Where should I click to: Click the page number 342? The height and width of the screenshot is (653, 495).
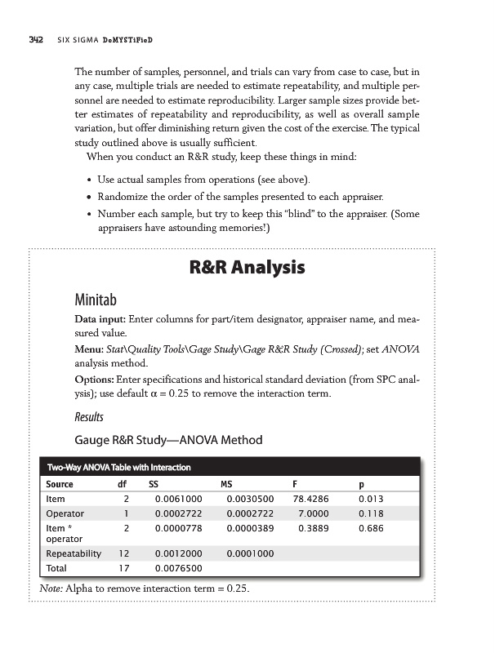click(x=28, y=40)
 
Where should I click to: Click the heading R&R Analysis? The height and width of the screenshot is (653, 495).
click(x=247, y=267)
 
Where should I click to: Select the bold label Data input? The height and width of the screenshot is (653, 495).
click(x=101, y=323)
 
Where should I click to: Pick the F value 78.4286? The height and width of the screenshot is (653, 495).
click(x=310, y=499)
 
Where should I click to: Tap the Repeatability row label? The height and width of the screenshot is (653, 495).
click(x=74, y=553)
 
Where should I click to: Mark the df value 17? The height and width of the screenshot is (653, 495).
click(x=124, y=568)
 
